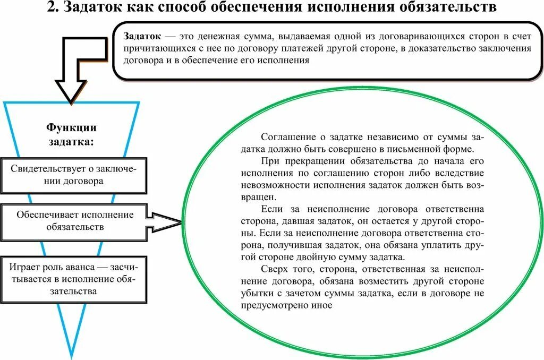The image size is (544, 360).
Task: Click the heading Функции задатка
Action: pos(71,135)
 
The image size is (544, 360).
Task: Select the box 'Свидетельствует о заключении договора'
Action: pos(74,175)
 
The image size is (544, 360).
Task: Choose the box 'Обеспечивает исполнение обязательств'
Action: pos(74,220)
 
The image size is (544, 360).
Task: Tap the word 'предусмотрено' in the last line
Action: pos(273,305)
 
